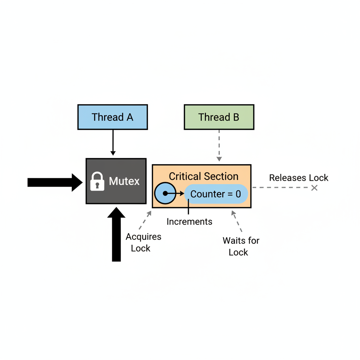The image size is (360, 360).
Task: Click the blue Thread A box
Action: click(x=112, y=117)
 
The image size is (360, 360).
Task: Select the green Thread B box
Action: click(x=219, y=117)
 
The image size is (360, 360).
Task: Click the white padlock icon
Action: click(x=97, y=181)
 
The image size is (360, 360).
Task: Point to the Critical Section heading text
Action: click(x=204, y=176)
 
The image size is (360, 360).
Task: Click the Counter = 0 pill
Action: click(x=216, y=194)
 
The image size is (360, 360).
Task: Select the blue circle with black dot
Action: click(x=165, y=194)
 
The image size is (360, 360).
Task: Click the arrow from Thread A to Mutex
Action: click(x=113, y=142)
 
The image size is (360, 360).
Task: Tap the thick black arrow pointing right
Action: click(x=54, y=182)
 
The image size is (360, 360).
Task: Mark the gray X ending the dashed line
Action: click(x=314, y=188)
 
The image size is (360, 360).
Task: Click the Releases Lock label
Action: click(x=298, y=178)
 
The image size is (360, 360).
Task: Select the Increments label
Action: click(x=189, y=222)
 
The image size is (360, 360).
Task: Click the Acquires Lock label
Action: click(x=143, y=242)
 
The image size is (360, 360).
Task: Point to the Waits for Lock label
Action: click(x=240, y=246)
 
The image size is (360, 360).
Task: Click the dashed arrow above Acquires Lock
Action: click(x=145, y=220)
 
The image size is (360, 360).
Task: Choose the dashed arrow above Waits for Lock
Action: click(x=237, y=221)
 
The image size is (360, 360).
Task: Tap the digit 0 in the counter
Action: click(x=238, y=194)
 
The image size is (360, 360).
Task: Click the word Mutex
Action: click(x=124, y=181)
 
